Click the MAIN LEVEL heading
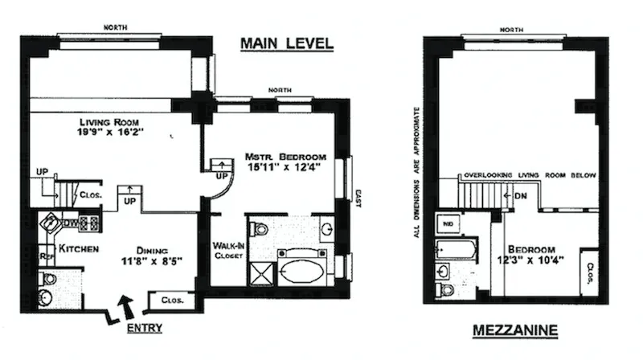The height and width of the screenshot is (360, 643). pos(286,43)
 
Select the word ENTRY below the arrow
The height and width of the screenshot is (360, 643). pos(145,328)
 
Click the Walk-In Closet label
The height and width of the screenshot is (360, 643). pos(228,251)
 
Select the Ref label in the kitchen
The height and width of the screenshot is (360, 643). pos(47,257)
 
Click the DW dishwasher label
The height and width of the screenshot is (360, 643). pos(70,222)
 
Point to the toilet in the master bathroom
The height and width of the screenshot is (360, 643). pos(260,229)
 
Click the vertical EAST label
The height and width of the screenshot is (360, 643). pos(358,198)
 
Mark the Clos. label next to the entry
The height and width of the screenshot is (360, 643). pos(173,301)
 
